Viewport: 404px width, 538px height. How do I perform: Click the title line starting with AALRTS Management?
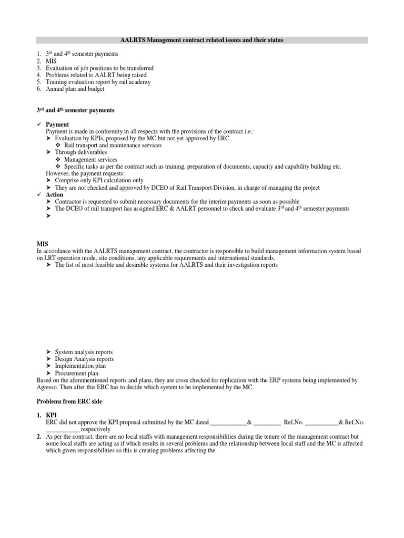point(202,40)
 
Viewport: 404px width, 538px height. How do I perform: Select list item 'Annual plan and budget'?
point(75,89)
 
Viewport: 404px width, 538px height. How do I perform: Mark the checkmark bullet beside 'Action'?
point(39,194)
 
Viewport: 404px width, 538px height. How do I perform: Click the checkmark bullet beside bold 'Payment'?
point(39,125)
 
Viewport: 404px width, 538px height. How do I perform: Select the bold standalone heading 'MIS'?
point(42,244)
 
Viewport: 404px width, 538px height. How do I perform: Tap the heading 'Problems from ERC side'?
point(69,400)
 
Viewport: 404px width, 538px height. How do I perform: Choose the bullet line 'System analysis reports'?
point(83,351)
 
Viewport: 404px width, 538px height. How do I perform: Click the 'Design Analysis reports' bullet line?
point(84,359)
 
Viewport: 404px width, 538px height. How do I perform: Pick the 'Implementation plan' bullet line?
point(80,366)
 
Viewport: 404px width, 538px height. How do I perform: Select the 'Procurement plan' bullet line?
point(76,373)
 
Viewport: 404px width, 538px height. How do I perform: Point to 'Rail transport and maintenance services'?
point(114,145)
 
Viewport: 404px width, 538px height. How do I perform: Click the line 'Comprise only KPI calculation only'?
point(99,180)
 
